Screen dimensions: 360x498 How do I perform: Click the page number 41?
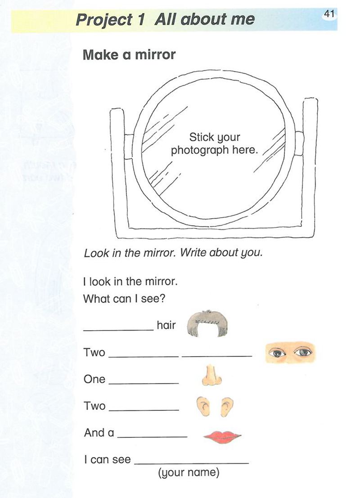pos(329,14)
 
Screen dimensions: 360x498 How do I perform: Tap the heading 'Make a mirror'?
pos(129,54)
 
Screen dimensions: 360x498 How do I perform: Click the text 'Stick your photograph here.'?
pos(214,143)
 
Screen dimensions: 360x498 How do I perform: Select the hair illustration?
pos(207,323)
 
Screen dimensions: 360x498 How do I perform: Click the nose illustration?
pos(211,375)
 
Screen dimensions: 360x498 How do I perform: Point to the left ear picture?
pos(203,406)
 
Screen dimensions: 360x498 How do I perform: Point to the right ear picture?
pos(227,407)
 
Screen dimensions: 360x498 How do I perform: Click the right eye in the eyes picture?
pos(303,352)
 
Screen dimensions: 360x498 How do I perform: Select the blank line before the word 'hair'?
pos(118,330)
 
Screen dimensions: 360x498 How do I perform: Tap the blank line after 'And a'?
pos(152,437)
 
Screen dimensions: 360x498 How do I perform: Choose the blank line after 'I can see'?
pos(192,464)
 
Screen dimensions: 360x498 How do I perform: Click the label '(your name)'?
pos(189,473)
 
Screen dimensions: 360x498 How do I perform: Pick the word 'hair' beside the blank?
pos(166,325)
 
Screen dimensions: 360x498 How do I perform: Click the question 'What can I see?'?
pos(124,299)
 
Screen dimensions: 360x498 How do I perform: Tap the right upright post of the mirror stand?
pos(309,167)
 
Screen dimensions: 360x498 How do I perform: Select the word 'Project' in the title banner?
pos(104,20)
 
